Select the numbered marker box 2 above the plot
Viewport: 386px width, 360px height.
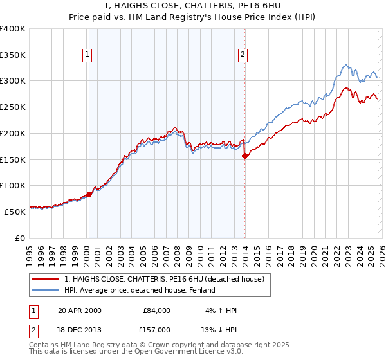243,55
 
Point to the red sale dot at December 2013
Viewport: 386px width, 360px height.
244,155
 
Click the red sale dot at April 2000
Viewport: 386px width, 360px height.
89,194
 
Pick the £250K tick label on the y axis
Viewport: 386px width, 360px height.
13,107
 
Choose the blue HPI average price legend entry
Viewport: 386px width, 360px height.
139,291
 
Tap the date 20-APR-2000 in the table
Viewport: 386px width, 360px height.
80,310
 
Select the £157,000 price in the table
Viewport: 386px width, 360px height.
156,330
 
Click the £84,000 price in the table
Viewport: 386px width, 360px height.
156,310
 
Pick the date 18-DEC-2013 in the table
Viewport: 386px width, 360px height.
80,330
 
